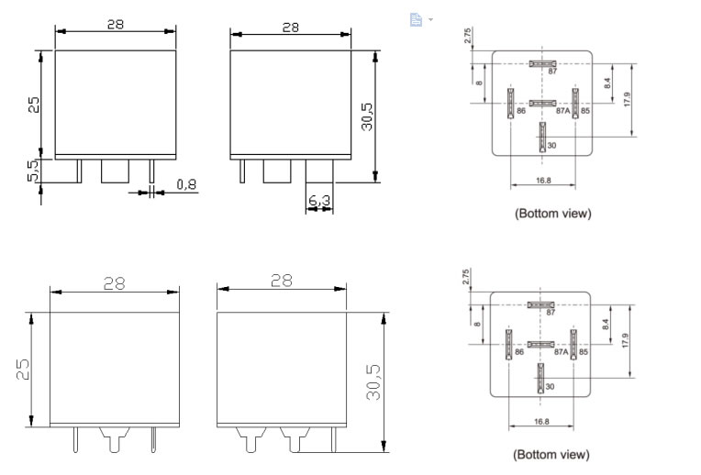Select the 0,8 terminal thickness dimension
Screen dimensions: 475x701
(x=186, y=185)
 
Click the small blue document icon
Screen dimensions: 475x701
(x=416, y=19)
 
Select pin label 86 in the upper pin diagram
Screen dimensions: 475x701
(x=520, y=111)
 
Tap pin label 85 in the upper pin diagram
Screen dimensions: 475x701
(x=584, y=111)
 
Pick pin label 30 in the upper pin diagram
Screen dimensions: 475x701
(x=551, y=146)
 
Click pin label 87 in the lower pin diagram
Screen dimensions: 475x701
(x=551, y=313)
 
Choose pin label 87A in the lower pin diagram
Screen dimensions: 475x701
(x=562, y=352)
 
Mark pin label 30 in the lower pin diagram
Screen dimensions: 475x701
(x=550, y=387)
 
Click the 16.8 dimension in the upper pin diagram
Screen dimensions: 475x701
(x=542, y=181)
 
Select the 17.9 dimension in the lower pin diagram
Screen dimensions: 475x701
(x=626, y=340)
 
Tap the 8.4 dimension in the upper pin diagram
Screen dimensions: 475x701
(x=607, y=83)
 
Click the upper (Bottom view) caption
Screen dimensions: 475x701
(x=552, y=213)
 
